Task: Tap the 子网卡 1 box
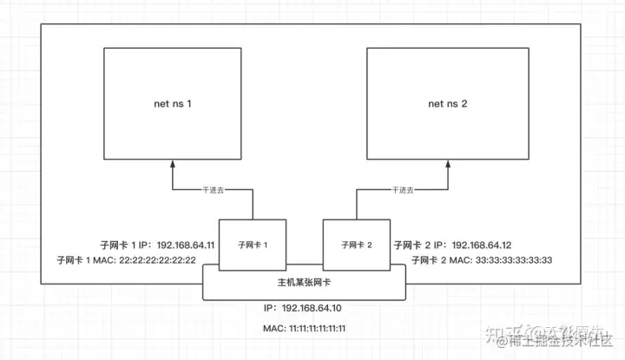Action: pyautogui.click(x=251, y=245)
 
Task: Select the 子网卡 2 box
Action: pyautogui.click(x=356, y=245)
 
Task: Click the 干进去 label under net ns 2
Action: pyautogui.click(x=403, y=190)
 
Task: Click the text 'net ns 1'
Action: pyautogui.click(x=172, y=104)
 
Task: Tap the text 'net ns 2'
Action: pyautogui.click(x=448, y=104)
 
